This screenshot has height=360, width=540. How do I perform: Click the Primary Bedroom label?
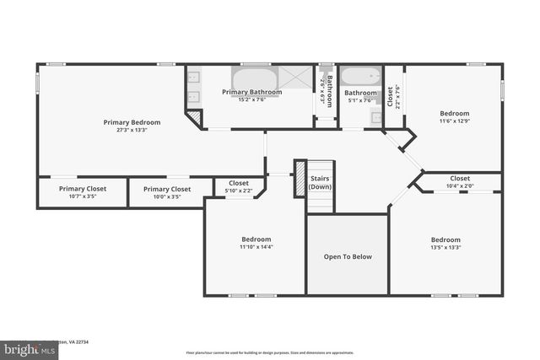tap(132, 122)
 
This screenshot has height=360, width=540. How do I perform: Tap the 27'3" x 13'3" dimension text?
tap(132, 131)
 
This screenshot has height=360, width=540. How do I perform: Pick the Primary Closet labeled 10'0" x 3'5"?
tap(166, 190)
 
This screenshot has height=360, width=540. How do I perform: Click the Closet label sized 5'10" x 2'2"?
tap(238, 183)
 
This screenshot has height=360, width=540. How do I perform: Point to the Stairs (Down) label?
tap(320, 182)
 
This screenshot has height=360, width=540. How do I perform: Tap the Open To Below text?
tap(348, 256)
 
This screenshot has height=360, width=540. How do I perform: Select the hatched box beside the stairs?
tap(299, 179)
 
